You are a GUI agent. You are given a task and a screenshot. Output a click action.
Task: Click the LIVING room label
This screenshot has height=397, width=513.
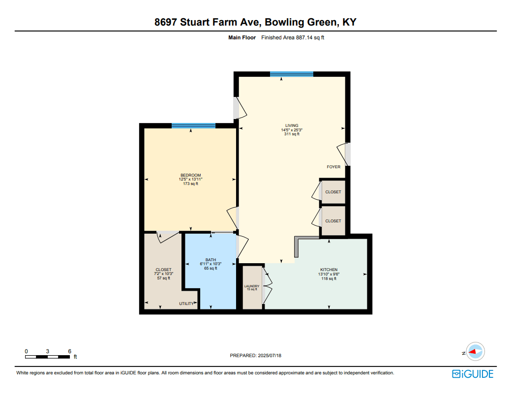292,125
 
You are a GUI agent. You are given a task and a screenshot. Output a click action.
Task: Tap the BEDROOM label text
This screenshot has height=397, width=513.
191,175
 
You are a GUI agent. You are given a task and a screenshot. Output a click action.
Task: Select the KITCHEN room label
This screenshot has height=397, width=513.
329,270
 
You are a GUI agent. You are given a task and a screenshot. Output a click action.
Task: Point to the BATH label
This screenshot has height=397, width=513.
211,260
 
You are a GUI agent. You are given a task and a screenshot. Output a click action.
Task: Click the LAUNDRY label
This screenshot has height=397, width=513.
252,286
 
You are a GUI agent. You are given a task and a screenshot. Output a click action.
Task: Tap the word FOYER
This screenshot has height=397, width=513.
333,167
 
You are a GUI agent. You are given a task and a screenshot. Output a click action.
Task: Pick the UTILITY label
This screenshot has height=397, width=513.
186,304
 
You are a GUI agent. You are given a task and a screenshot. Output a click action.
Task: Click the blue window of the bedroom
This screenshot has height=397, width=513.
193,125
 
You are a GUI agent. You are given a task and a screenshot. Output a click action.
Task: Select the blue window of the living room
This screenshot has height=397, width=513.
292,74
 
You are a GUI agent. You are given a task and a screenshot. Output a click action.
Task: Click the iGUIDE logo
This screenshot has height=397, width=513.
473,374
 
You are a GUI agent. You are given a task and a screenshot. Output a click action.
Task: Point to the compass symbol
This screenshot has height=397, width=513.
475,352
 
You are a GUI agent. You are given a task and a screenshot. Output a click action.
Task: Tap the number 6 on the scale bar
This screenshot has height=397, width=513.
70,351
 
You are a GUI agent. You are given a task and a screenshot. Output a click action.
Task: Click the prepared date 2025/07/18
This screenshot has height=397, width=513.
270,356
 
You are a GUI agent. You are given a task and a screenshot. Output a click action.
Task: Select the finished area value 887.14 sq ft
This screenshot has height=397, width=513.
310,38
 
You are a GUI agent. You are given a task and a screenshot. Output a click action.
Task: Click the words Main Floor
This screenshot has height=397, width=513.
242,38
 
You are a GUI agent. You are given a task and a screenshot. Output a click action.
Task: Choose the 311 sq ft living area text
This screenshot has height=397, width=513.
292,134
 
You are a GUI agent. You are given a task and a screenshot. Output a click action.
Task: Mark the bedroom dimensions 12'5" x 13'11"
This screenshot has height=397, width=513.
191,180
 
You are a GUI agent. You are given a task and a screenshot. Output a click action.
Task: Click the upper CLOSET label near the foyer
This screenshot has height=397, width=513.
333,192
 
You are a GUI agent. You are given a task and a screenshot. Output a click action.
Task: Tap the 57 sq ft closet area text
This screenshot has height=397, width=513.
164,278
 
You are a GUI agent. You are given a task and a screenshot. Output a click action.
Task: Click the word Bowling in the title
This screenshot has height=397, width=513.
284,22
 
